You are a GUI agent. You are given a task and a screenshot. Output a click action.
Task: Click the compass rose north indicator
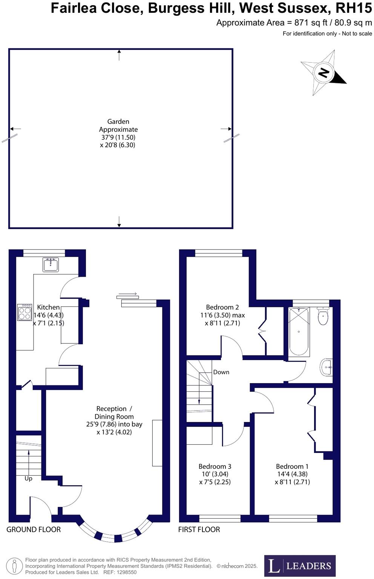pos(324,72)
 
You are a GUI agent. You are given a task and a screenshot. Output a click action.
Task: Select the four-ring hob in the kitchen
pos(25,313)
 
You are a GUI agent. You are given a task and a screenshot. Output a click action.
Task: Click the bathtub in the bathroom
pos(299,331)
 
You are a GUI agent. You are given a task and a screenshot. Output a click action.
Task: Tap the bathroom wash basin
pos(326,367)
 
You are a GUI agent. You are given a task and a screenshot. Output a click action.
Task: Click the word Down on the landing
pos(221,372)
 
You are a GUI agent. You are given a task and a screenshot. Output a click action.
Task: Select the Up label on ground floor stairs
pos(28,479)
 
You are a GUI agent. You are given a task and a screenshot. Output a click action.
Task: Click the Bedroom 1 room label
pos(292,467)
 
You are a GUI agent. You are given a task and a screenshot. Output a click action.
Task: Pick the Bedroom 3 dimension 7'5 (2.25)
pos(215,482)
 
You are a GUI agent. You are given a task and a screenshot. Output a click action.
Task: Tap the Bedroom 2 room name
pos(222,307)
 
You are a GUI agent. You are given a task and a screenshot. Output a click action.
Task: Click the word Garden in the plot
pos(118,122)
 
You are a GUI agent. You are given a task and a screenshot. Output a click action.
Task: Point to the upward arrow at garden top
pos(119,55)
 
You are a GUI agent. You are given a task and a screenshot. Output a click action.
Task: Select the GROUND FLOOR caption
pos(34,530)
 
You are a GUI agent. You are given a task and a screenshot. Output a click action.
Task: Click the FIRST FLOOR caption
pos(199,530)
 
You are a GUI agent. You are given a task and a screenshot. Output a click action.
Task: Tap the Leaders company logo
pos(300,565)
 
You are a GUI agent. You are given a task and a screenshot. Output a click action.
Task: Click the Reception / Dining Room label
pos(114,413)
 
